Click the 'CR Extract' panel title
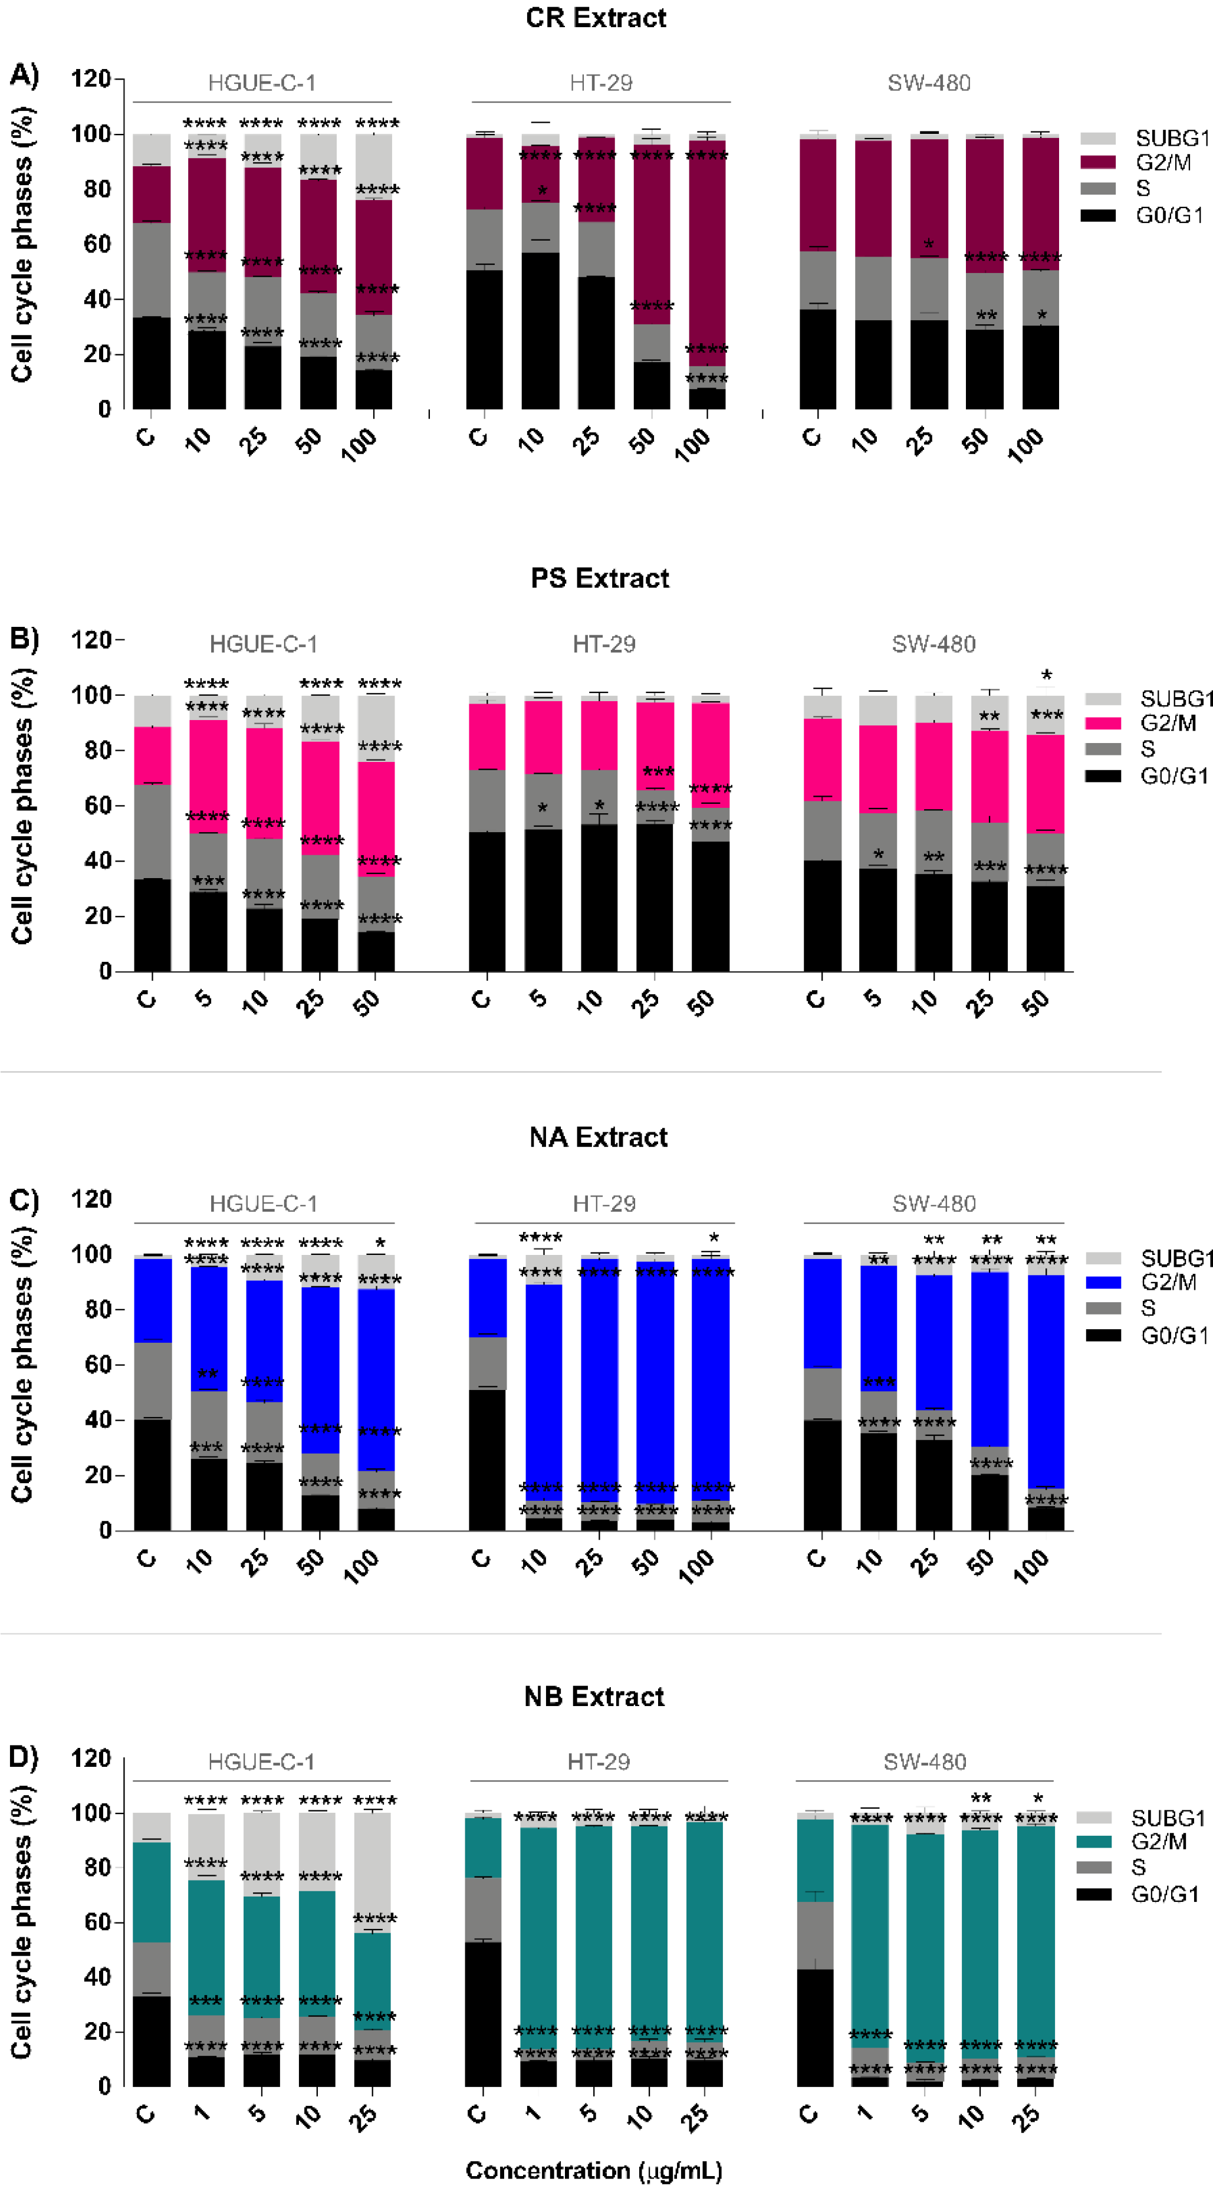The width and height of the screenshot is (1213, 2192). pyautogui.click(x=596, y=18)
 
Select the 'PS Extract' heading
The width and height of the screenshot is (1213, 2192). pyautogui.click(x=600, y=579)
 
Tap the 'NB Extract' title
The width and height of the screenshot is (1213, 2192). pyautogui.click(x=594, y=1697)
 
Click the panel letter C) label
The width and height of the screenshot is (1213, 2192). pyautogui.click(x=24, y=1201)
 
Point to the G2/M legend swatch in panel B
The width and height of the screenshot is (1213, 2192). pyautogui.click(x=1102, y=723)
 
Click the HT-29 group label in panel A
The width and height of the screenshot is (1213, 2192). pyautogui.click(x=600, y=83)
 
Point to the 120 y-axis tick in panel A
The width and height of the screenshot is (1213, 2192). pyautogui.click(x=91, y=79)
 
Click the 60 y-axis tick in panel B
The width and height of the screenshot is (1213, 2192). pyautogui.click(x=96, y=806)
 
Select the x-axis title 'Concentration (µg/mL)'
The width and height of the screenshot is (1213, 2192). pyautogui.click(x=594, y=2171)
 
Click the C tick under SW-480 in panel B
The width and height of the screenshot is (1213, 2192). pyautogui.click(x=815, y=999)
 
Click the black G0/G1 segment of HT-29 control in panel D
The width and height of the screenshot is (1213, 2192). pyautogui.click(x=483, y=2013)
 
